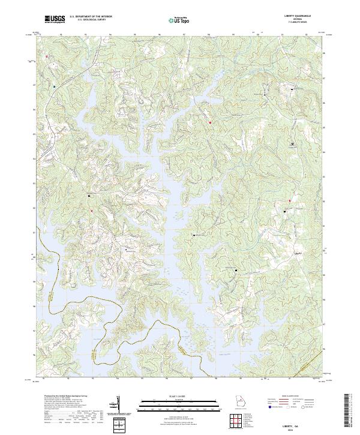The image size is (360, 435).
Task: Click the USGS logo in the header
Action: (55, 19)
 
